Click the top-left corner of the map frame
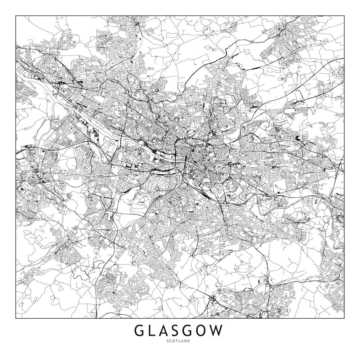(16, 16)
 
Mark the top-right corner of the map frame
(344, 16)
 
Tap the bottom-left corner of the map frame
(16, 319)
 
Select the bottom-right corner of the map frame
(344, 319)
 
